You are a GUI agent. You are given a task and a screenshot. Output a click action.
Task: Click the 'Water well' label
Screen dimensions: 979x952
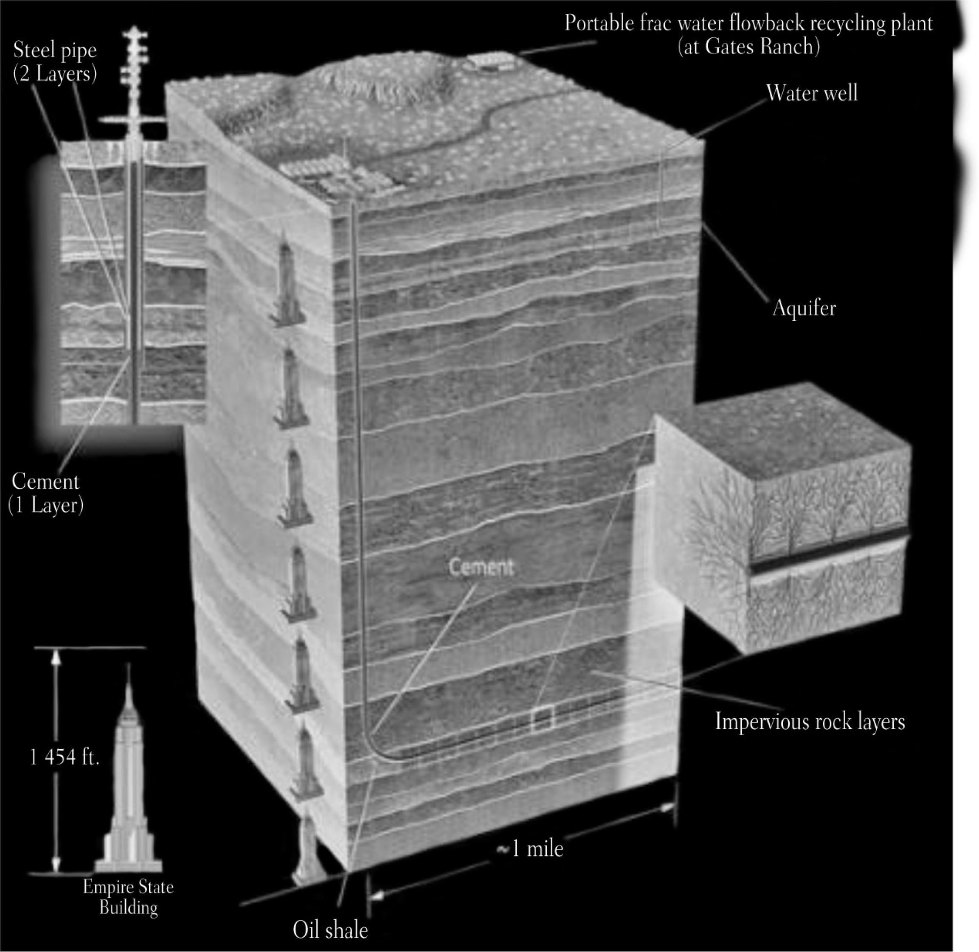pyautogui.click(x=811, y=93)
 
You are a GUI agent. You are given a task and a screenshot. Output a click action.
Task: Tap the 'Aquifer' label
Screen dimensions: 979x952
pyautogui.click(x=803, y=308)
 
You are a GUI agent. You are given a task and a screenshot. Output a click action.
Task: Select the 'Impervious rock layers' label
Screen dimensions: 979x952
pyautogui.click(x=810, y=722)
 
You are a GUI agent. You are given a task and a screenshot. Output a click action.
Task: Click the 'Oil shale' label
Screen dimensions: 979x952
pyautogui.click(x=330, y=930)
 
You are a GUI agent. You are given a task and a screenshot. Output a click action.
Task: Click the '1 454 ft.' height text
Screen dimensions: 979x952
pyautogui.click(x=65, y=758)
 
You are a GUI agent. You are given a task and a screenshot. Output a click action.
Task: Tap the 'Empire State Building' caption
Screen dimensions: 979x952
pyautogui.click(x=128, y=896)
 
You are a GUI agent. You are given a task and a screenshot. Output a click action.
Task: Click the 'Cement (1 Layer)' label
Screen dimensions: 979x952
pyautogui.click(x=45, y=493)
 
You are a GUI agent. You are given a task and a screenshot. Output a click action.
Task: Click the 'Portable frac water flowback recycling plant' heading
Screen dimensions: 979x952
pyautogui.click(x=748, y=23)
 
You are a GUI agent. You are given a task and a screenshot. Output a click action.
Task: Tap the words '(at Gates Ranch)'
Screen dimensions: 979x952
pyautogui.click(x=748, y=47)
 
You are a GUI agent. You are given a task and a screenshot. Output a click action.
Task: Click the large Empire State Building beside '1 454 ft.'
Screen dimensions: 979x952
pyautogui.click(x=129, y=780)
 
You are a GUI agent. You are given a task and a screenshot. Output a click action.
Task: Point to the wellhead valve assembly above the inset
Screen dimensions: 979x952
pyautogui.click(x=134, y=65)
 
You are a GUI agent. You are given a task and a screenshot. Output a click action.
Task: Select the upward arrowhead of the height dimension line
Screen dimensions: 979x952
pyautogui.click(x=56, y=660)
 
